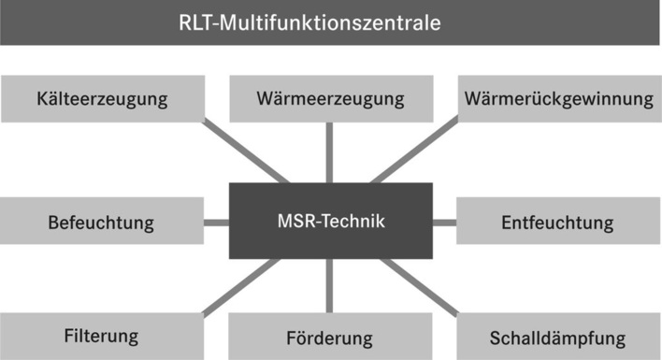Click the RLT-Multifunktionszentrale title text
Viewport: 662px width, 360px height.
coord(330,22)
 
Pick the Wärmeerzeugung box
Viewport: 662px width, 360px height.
coord(331,98)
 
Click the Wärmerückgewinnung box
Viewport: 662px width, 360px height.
coord(558,98)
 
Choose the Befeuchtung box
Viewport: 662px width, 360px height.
coord(101,223)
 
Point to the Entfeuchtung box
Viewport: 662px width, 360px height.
coord(558,223)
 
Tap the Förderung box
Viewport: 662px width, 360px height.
coord(331,338)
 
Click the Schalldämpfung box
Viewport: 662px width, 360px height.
coord(558,337)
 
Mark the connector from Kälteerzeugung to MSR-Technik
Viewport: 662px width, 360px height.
coord(249,151)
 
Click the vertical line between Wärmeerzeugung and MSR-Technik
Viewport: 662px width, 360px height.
coord(330,152)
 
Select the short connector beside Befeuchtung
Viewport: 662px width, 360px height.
coord(216,223)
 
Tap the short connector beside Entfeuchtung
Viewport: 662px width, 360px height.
coord(444,223)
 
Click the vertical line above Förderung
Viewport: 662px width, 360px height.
coord(330,285)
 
